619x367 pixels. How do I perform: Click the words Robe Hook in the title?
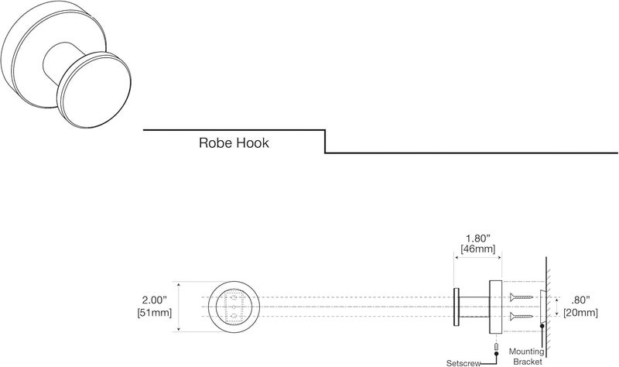pyautogui.click(x=234, y=143)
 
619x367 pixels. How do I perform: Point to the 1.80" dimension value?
pyautogui.click(x=477, y=240)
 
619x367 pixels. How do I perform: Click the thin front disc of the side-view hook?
pyautogui.click(x=456, y=305)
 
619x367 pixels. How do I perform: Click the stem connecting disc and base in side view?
pyautogui.click(x=473, y=305)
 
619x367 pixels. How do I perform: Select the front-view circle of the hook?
pyautogui.click(x=230, y=305)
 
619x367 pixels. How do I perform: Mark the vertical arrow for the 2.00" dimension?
pyautogui.click(x=180, y=305)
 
